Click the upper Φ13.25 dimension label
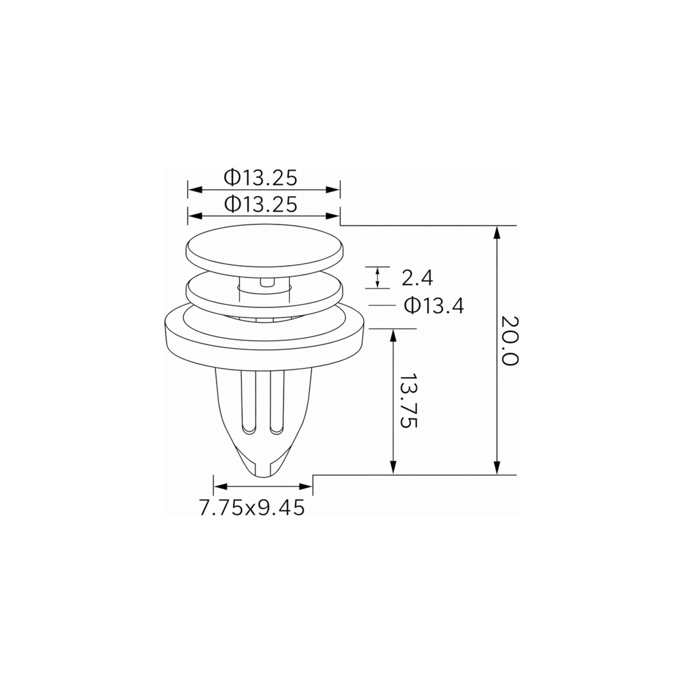pyautogui.click(x=260, y=178)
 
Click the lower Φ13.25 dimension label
pyautogui.click(x=260, y=204)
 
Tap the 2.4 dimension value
pyautogui.click(x=417, y=278)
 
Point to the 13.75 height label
pyautogui.click(x=409, y=400)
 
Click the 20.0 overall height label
pyautogui.click(x=510, y=340)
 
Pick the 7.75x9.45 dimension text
pyautogui.click(x=252, y=508)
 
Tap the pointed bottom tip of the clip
pyautogui.click(x=263, y=475)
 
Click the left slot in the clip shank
pyautogui.click(x=249, y=403)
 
